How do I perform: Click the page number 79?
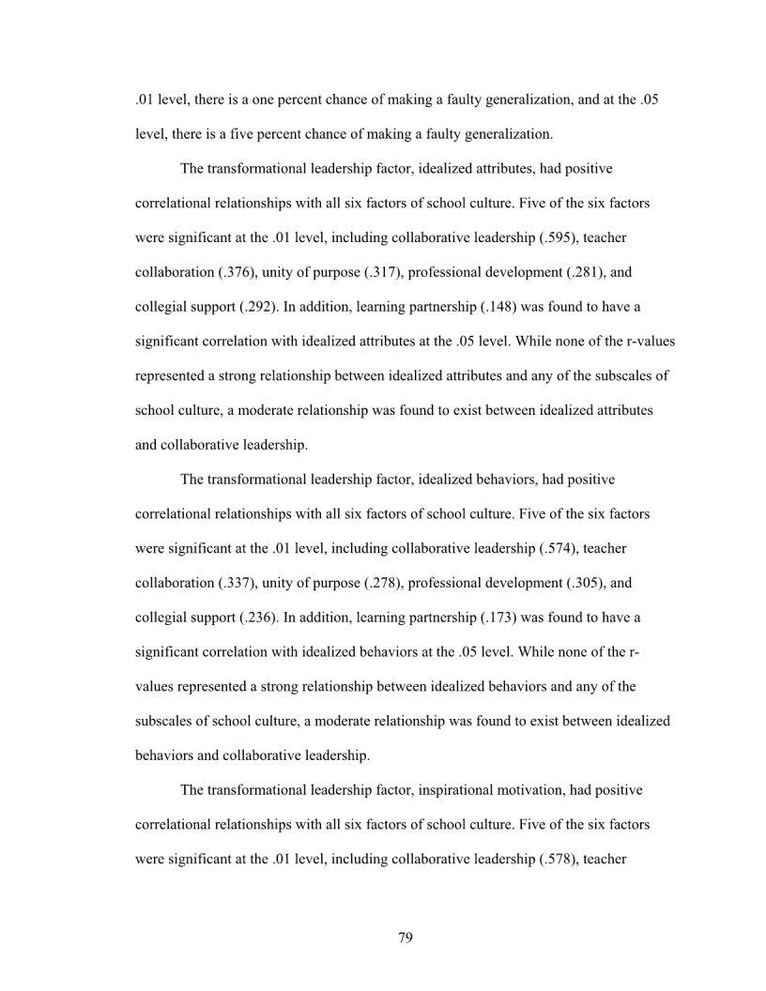[406, 938]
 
